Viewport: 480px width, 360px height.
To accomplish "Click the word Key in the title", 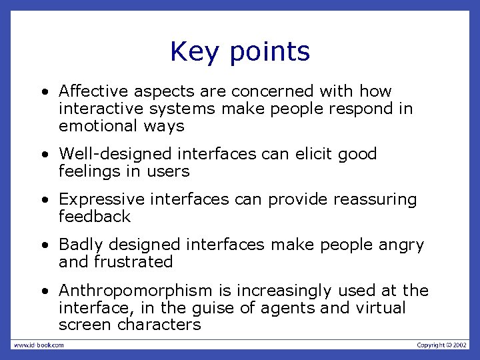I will [191, 52].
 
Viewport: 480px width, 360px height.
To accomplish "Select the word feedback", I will [95, 217].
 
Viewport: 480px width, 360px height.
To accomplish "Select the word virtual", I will [381, 308].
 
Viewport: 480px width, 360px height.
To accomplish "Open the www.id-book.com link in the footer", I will [39, 345].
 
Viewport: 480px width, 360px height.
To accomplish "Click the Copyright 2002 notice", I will [442, 345].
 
